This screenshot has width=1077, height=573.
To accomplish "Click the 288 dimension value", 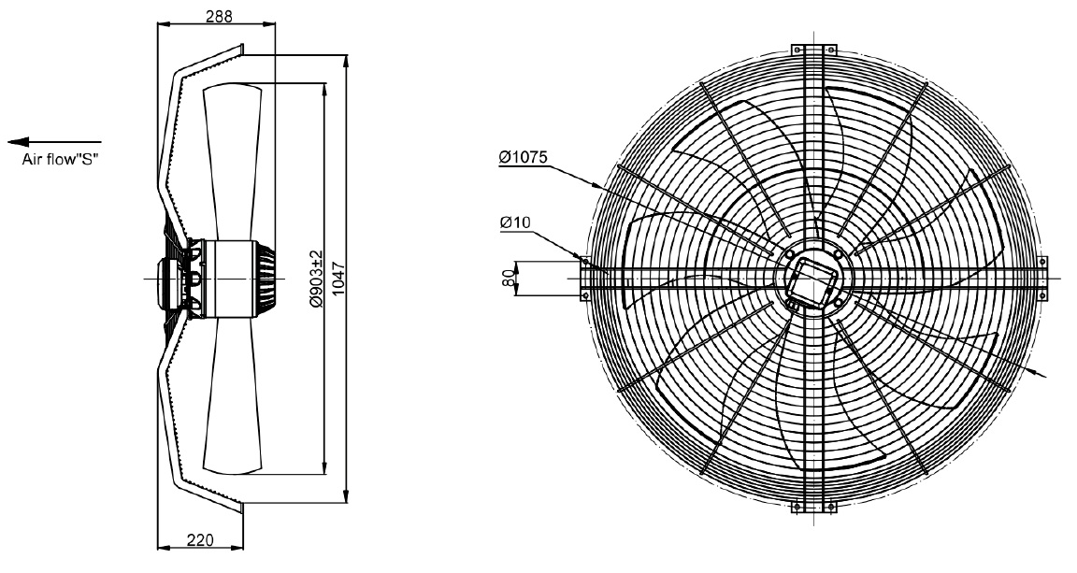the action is pos(219,16).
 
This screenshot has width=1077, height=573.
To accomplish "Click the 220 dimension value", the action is pos(200,540).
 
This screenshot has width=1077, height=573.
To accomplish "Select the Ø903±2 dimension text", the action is pos(316,279).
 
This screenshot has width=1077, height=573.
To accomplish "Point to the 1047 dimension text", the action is pos(337,279).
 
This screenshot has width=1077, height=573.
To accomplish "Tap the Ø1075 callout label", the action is pos(524,157).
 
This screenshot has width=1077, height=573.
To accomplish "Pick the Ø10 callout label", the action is pos(515,222).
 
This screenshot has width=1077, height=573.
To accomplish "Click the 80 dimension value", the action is pos(509,279).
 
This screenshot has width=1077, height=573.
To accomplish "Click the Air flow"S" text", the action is pos(61,161).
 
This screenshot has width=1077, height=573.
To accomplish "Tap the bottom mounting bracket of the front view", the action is pos(814,507).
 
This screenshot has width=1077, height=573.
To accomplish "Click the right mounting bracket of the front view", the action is pos(1042,279).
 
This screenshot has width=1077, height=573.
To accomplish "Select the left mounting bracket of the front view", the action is pos(585,279).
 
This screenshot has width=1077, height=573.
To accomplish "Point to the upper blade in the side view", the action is pos(233,162).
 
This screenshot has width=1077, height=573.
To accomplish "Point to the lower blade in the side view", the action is pos(233,395).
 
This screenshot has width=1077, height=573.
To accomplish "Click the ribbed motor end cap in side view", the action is pos(266,279).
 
